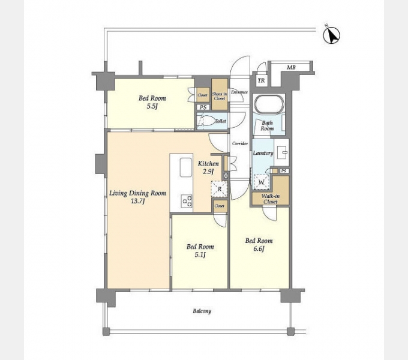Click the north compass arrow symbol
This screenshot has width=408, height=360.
click(332, 35)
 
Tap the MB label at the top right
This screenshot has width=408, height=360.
click(291, 68)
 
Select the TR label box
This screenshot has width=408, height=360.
click(261, 80)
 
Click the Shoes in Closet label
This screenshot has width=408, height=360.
click(220, 96)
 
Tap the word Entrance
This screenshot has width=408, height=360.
click(239, 92)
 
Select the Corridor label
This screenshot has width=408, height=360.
click(240, 143)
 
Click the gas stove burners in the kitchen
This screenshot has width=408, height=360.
click(187, 201)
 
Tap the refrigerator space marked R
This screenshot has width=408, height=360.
click(220, 189)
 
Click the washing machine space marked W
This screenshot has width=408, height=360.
click(261, 182)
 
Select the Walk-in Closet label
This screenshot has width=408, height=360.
click(271, 199)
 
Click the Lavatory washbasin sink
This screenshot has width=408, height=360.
click(282, 152)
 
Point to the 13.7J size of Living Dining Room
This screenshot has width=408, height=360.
click(138, 202)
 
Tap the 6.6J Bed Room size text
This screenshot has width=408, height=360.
click(259, 249)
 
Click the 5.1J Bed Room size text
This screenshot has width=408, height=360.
click(200, 255)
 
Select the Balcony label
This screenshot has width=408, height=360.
click(202, 311)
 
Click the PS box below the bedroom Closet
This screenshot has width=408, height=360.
click(203, 107)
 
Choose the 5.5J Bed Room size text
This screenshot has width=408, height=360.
click(152, 106)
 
